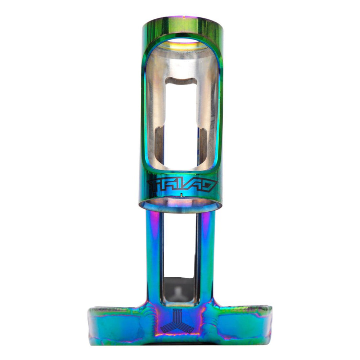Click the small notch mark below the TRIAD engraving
182,195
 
